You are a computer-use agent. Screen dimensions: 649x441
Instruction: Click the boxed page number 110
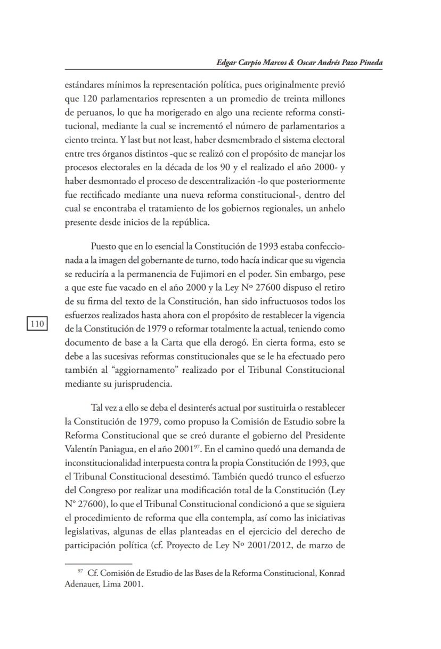click(37, 324)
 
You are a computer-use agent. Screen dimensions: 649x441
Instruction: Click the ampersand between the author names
click(291, 62)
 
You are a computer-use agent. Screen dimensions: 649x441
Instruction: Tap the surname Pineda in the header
click(369, 62)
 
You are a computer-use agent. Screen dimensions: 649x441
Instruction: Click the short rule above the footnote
click(98, 564)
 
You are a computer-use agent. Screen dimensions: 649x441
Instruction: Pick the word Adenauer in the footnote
click(83, 584)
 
